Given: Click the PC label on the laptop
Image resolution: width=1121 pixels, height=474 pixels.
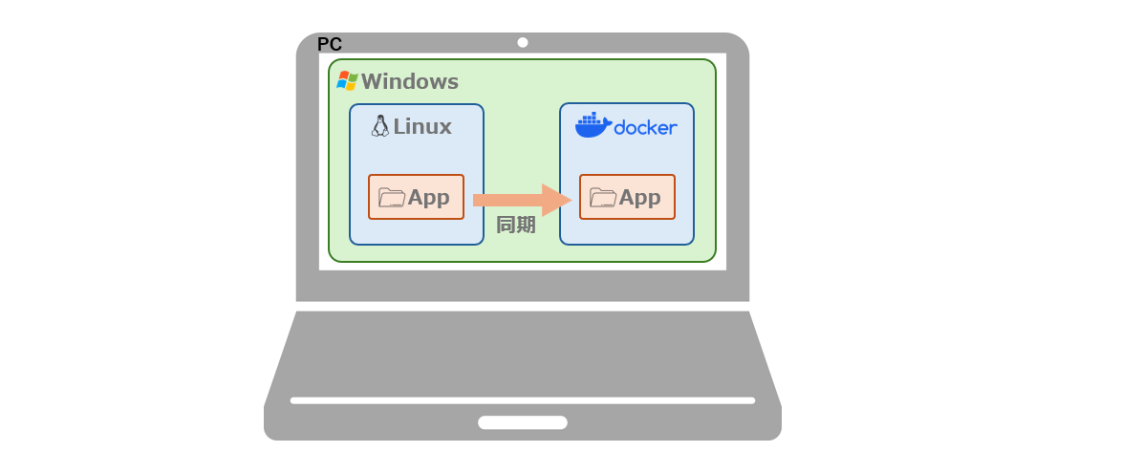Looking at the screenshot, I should (x=330, y=44).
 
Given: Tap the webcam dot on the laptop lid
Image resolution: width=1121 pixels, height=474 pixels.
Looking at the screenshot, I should (x=523, y=42).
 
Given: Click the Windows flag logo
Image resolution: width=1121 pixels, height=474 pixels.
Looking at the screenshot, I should (x=347, y=81).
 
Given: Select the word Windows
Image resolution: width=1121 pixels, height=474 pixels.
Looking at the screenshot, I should (x=409, y=82).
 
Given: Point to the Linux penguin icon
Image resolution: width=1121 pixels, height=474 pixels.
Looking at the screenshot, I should (x=380, y=126).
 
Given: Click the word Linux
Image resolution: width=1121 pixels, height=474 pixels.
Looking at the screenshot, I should (x=422, y=126).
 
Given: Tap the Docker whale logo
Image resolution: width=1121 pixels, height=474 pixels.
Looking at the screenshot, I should (x=593, y=125).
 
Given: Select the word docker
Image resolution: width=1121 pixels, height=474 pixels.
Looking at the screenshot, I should (x=645, y=127).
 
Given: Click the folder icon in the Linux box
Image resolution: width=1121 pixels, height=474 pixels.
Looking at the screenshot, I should (x=392, y=198).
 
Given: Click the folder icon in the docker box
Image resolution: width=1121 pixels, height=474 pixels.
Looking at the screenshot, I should (x=603, y=198).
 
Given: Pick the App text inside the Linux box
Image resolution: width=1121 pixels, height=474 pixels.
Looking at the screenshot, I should (x=428, y=198).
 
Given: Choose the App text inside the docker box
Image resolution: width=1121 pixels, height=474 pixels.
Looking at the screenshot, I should (x=639, y=198).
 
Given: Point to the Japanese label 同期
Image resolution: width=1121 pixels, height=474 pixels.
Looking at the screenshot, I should (x=515, y=226).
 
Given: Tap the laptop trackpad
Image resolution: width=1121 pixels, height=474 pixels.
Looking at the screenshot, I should (x=523, y=422).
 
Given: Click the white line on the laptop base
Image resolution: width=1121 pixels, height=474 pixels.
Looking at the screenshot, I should (x=523, y=400).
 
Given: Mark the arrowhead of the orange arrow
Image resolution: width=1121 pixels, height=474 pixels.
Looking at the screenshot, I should (x=556, y=200).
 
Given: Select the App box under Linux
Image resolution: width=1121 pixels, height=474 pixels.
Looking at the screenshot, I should (x=416, y=197).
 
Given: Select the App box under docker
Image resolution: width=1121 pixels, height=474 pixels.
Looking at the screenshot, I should (x=627, y=197).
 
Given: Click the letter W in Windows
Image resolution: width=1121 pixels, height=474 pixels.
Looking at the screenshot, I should (x=371, y=82).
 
